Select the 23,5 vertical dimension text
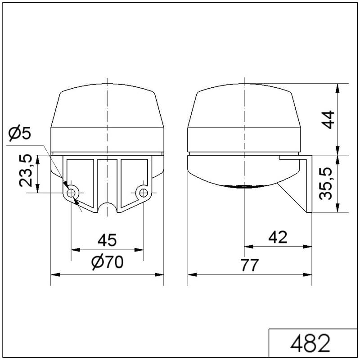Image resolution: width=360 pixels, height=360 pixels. [26, 171]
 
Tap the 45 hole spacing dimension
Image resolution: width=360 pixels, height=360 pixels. [107, 240]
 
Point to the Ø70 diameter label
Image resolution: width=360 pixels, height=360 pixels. [108, 262]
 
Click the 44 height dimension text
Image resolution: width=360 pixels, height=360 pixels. [328, 119]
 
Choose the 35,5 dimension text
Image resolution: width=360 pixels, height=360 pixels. [326, 184]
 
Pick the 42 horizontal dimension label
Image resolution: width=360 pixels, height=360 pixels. [278, 237]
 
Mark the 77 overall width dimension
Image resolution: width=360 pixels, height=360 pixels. [250, 265]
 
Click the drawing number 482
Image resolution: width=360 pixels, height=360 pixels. [310, 343]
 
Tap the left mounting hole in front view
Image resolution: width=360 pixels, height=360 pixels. [71, 193]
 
